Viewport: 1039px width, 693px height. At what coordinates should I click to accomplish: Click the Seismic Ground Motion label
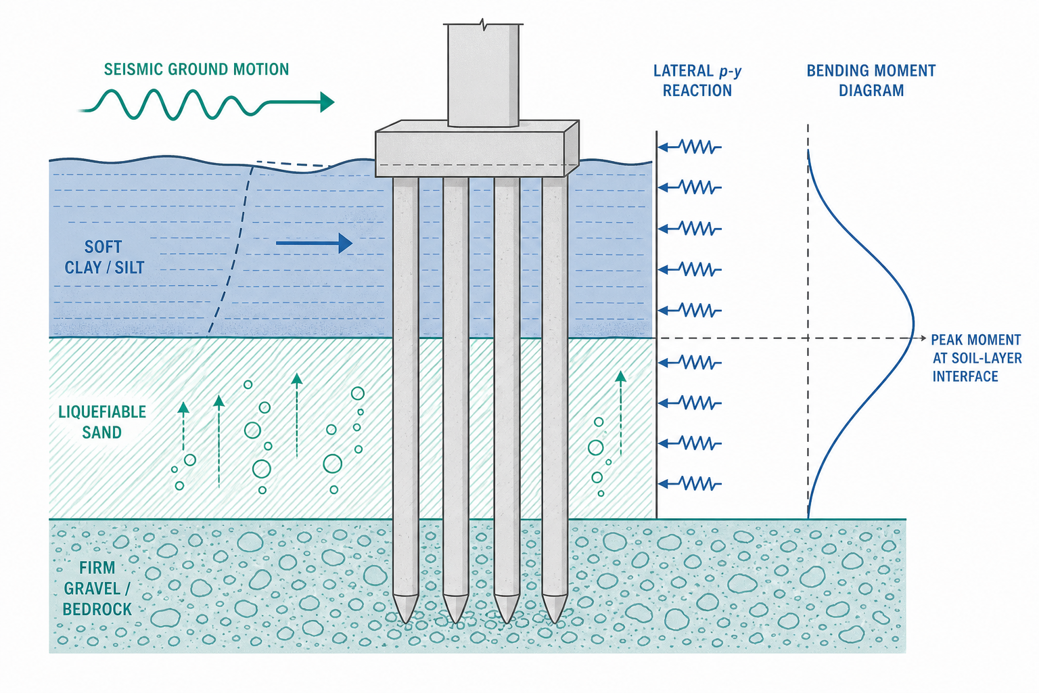point(196,70)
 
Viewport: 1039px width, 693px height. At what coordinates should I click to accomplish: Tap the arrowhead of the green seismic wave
point(327,102)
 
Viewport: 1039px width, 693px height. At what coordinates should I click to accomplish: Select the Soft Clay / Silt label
point(104,256)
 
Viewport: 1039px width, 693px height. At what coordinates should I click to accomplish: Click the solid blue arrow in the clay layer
point(314,243)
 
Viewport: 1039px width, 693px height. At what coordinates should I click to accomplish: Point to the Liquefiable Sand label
point(102,422)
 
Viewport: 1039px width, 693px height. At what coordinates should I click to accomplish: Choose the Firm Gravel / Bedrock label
point(97,588)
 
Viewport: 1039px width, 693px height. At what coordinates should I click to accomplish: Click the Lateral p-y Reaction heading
point(697,81)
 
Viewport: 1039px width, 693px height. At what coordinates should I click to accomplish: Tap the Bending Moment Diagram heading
point(871,81)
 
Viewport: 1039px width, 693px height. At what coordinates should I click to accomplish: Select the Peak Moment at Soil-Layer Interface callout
point(976,358)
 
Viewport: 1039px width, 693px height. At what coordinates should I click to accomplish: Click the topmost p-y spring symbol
point(690,147)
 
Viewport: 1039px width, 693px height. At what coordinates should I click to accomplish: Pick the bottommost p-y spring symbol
point(690,484)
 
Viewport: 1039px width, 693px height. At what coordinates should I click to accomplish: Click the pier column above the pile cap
point(483,75)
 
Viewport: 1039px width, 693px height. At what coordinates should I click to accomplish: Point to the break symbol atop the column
point(484,23)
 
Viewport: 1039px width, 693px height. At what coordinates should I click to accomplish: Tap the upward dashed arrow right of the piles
point(620,413)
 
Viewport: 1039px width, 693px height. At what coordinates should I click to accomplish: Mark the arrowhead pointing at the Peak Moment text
point(923,338)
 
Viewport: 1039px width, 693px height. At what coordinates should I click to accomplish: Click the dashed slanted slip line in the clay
point(230,250)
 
